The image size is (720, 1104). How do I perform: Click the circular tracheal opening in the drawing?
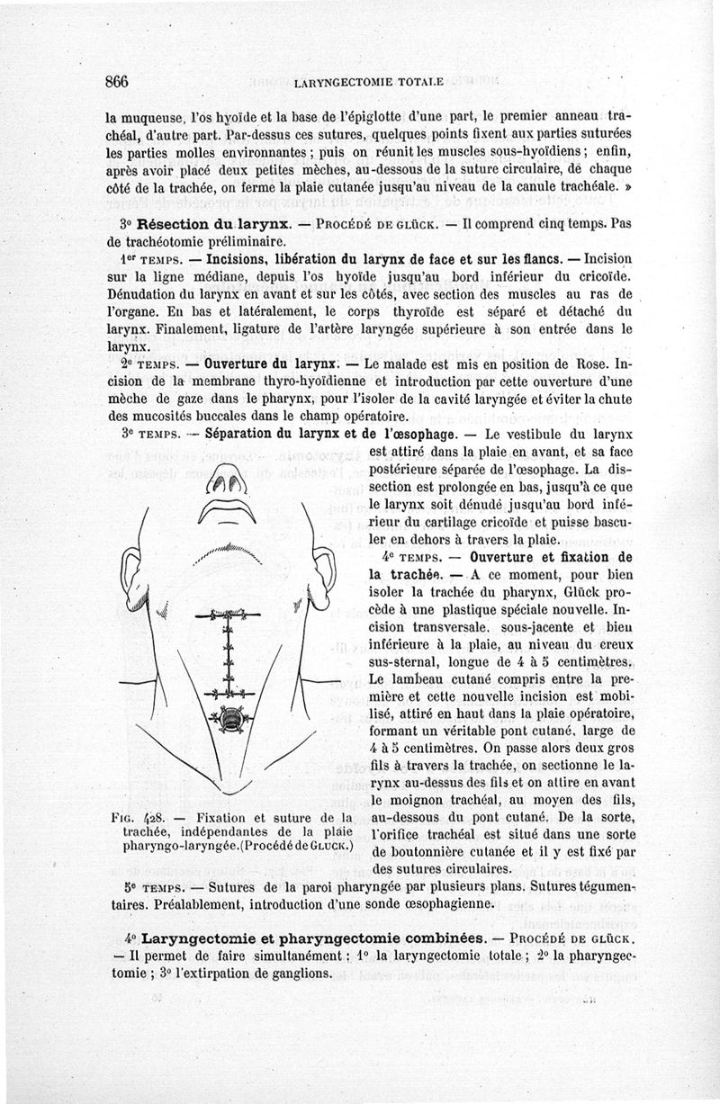[230, 719]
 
